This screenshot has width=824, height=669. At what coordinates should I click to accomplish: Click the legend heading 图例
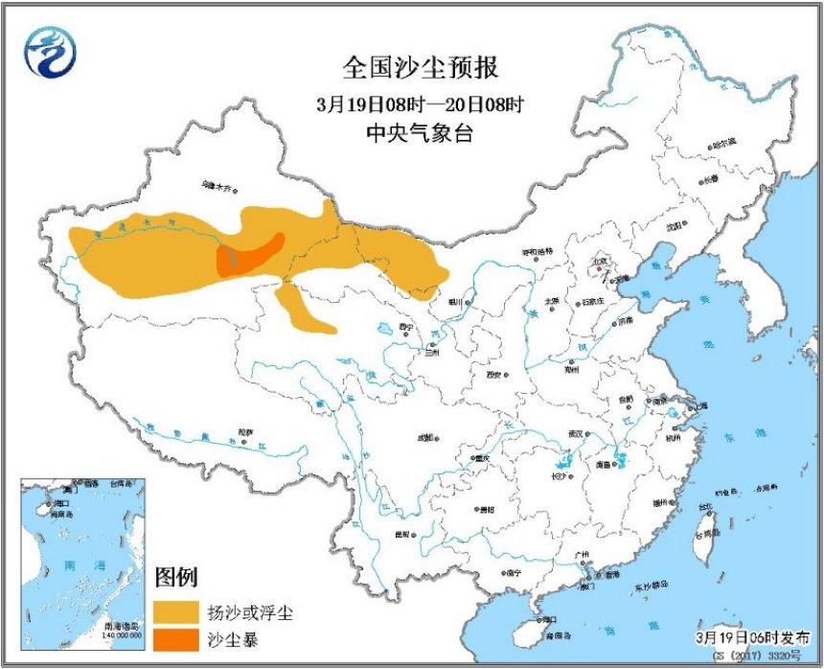[176, 578]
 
